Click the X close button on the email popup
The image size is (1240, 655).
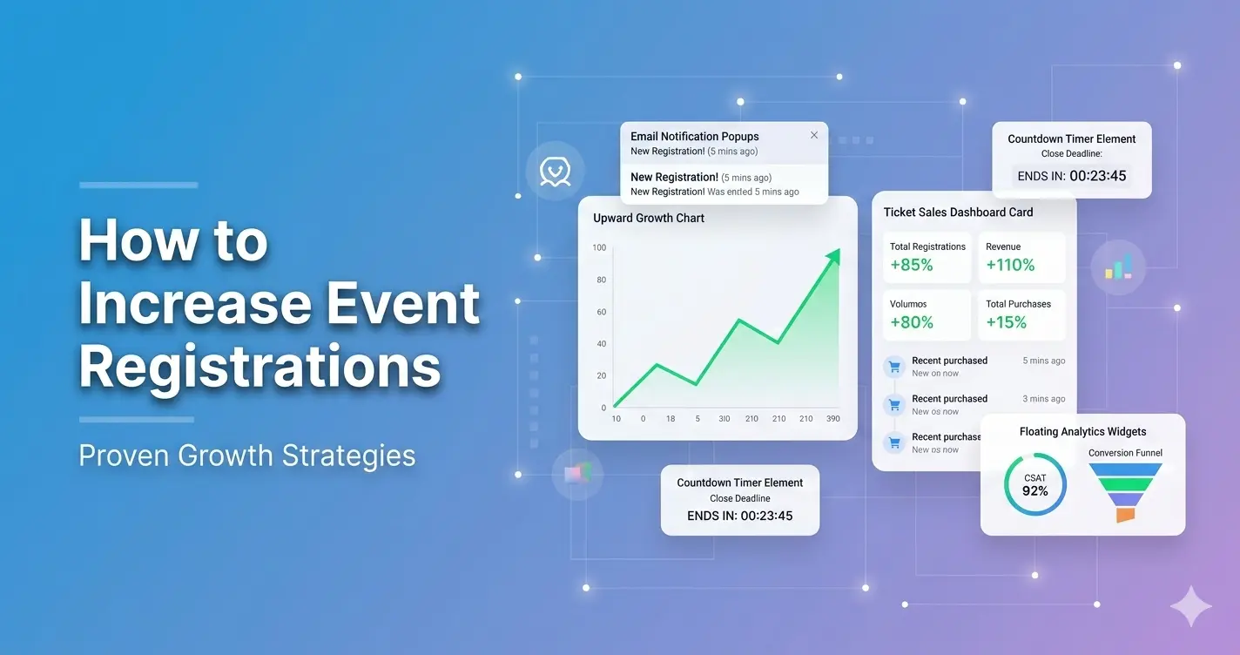click(814, 135)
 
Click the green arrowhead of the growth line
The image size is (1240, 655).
click(833, 256)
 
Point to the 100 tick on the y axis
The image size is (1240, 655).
click(599, 248)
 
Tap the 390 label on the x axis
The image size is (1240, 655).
click(832, 419)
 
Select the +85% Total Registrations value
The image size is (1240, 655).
click(912, 266)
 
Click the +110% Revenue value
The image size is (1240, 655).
click(1010, 266)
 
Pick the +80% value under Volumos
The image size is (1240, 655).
click(912, 323)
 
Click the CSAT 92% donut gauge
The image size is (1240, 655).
click(1034, 484)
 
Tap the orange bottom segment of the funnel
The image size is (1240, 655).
click(1125, 515)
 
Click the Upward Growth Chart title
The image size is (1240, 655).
click(649, 218)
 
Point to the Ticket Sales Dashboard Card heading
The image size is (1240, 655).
click(958, 212)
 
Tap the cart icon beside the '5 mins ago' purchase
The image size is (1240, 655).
click(893, 366)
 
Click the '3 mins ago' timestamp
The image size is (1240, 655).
click(1043, 399)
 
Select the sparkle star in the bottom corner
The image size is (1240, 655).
click(1190, 606)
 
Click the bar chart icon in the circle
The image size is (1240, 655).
click(1119, 267)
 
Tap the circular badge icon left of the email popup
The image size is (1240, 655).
click(555, 170)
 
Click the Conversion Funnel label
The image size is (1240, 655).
click(1125, 453)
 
